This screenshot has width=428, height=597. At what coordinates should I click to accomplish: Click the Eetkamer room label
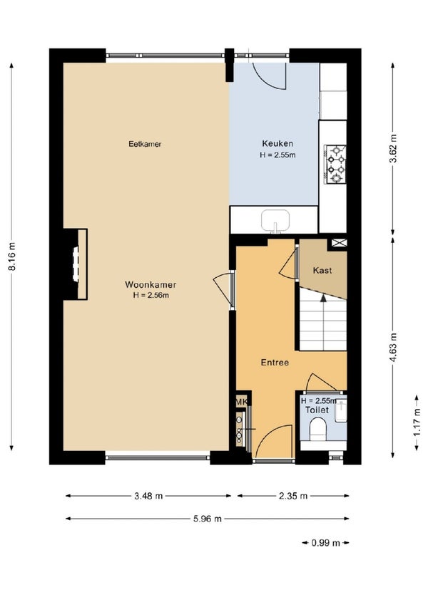tap(145, 144)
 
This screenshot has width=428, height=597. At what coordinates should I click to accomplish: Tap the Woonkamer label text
tap(151, 284)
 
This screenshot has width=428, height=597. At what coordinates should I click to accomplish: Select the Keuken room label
tap(277, 143)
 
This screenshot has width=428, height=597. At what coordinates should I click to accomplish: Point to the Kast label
tap(322, 270)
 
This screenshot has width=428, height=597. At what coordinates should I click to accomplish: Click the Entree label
tap(275, 362)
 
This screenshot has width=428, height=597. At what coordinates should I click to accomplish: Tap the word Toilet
tap(317, 410)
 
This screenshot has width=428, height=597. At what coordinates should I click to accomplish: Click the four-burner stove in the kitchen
tap(335, 164)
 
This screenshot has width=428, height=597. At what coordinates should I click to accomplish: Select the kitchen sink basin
tap(275, 220)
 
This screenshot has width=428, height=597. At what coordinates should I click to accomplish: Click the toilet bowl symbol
tap(318, 429)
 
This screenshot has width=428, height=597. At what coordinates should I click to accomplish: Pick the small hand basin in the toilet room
tap(341, 411)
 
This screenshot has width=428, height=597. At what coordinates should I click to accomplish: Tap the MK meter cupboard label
tap(242, 401)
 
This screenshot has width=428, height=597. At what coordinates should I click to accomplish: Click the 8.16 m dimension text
tap(13, 256)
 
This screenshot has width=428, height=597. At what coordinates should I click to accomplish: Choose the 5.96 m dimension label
tap(208, 519)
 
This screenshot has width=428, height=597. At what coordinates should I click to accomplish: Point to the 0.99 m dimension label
tap(325, 543)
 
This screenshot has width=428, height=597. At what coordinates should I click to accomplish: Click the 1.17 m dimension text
tap(417, 422)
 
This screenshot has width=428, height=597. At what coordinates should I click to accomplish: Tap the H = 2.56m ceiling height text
tap(151, 295)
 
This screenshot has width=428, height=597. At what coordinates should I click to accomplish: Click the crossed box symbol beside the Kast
tap(340, 242)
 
